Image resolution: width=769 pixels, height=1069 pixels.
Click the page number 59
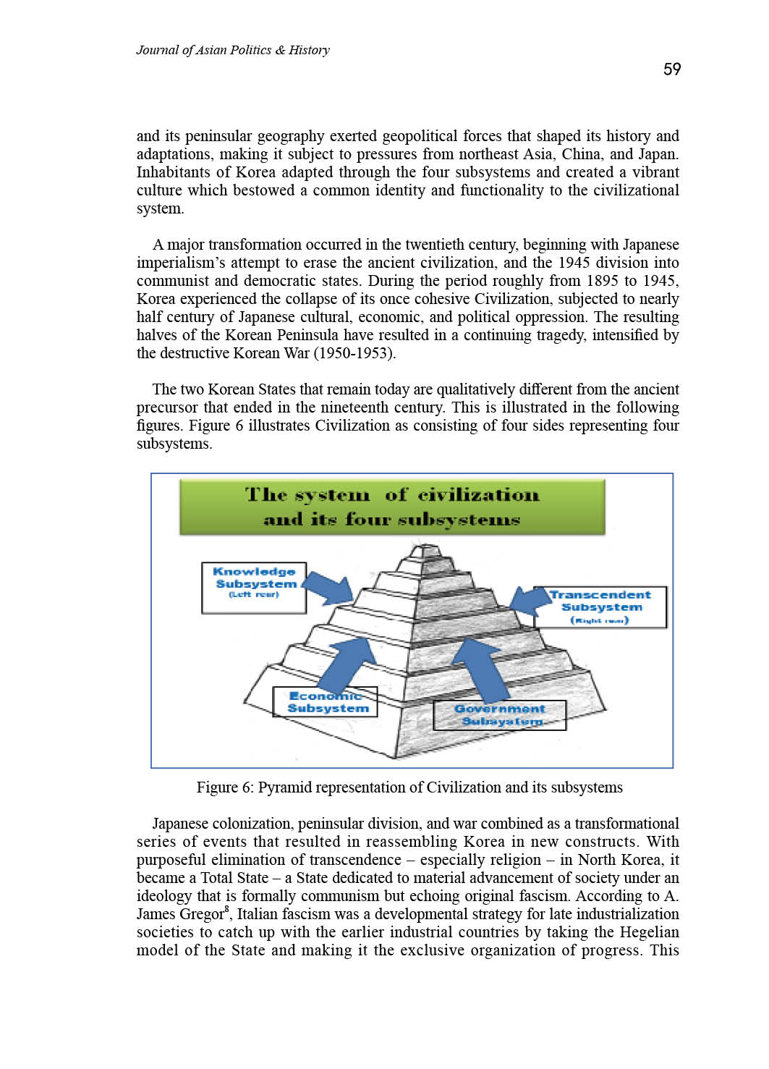(672, 69)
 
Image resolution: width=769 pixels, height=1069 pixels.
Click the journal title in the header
(233, 50)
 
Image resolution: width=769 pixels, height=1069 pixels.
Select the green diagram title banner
(392, 507)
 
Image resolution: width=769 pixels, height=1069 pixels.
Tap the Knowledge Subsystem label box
(254, 588)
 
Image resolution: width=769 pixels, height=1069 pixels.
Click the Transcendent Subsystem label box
(600, 607)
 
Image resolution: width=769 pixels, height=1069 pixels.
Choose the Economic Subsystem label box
(325, 702)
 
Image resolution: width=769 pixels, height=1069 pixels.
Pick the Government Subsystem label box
(499, 715)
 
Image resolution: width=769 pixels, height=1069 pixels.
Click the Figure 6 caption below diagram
(409, 787)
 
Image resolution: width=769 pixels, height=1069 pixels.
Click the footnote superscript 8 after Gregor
(227, 909)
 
